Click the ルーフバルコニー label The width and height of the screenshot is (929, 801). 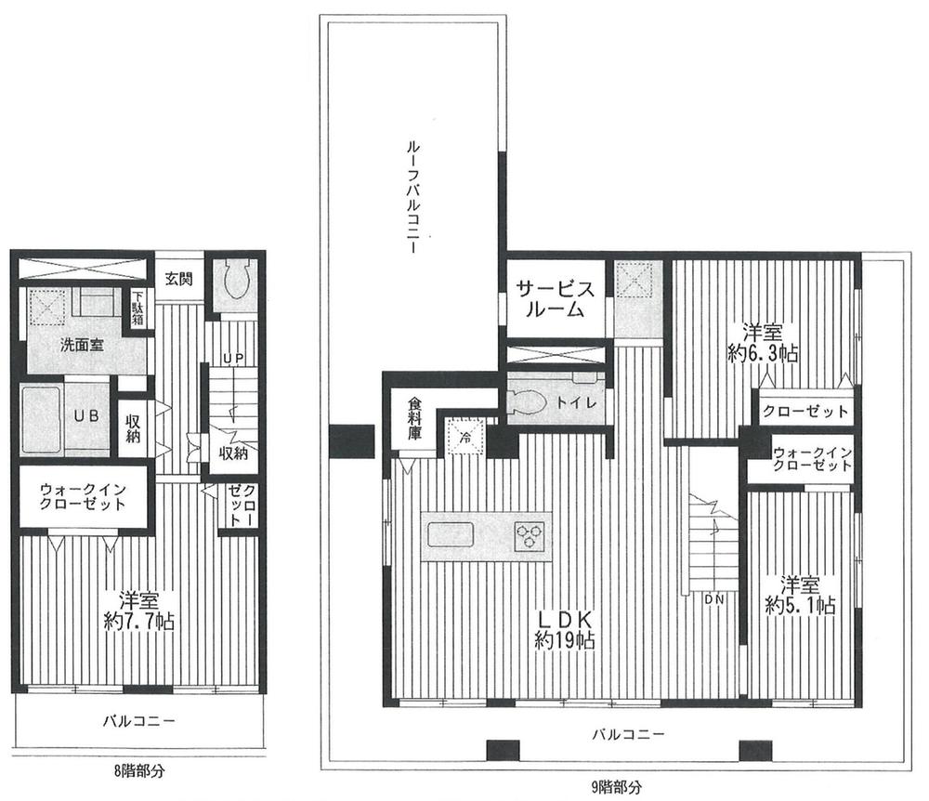pyautogui.click(x=409, y=199)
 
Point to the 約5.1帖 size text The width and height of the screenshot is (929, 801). pyautogui.click(x=800, y=605)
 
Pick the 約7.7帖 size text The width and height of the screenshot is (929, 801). pyautogui.click(x=137, y=620)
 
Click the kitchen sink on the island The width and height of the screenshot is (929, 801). pyautogui.click(x=451, y=536)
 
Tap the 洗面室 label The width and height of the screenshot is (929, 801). pyautogui.click(x=82, y=344)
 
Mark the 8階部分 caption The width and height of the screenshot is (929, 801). pyautogui.click(x=136, y=770)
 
